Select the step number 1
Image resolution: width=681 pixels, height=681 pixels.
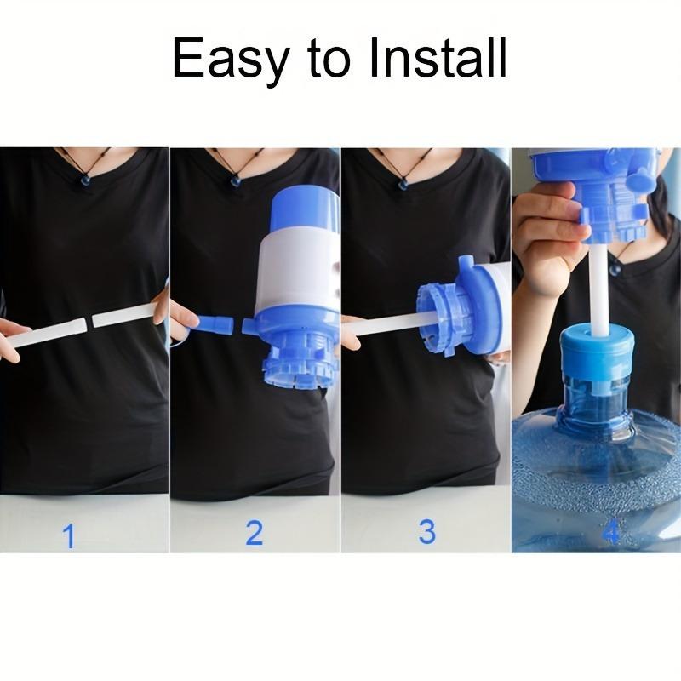tap(69, 536)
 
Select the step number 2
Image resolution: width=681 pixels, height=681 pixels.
tap(254, 533)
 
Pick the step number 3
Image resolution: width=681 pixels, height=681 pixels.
tap(426, 532)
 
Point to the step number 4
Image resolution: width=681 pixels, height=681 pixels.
tap(611, 534)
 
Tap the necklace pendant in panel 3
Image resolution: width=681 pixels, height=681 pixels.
tap(400, 182)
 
